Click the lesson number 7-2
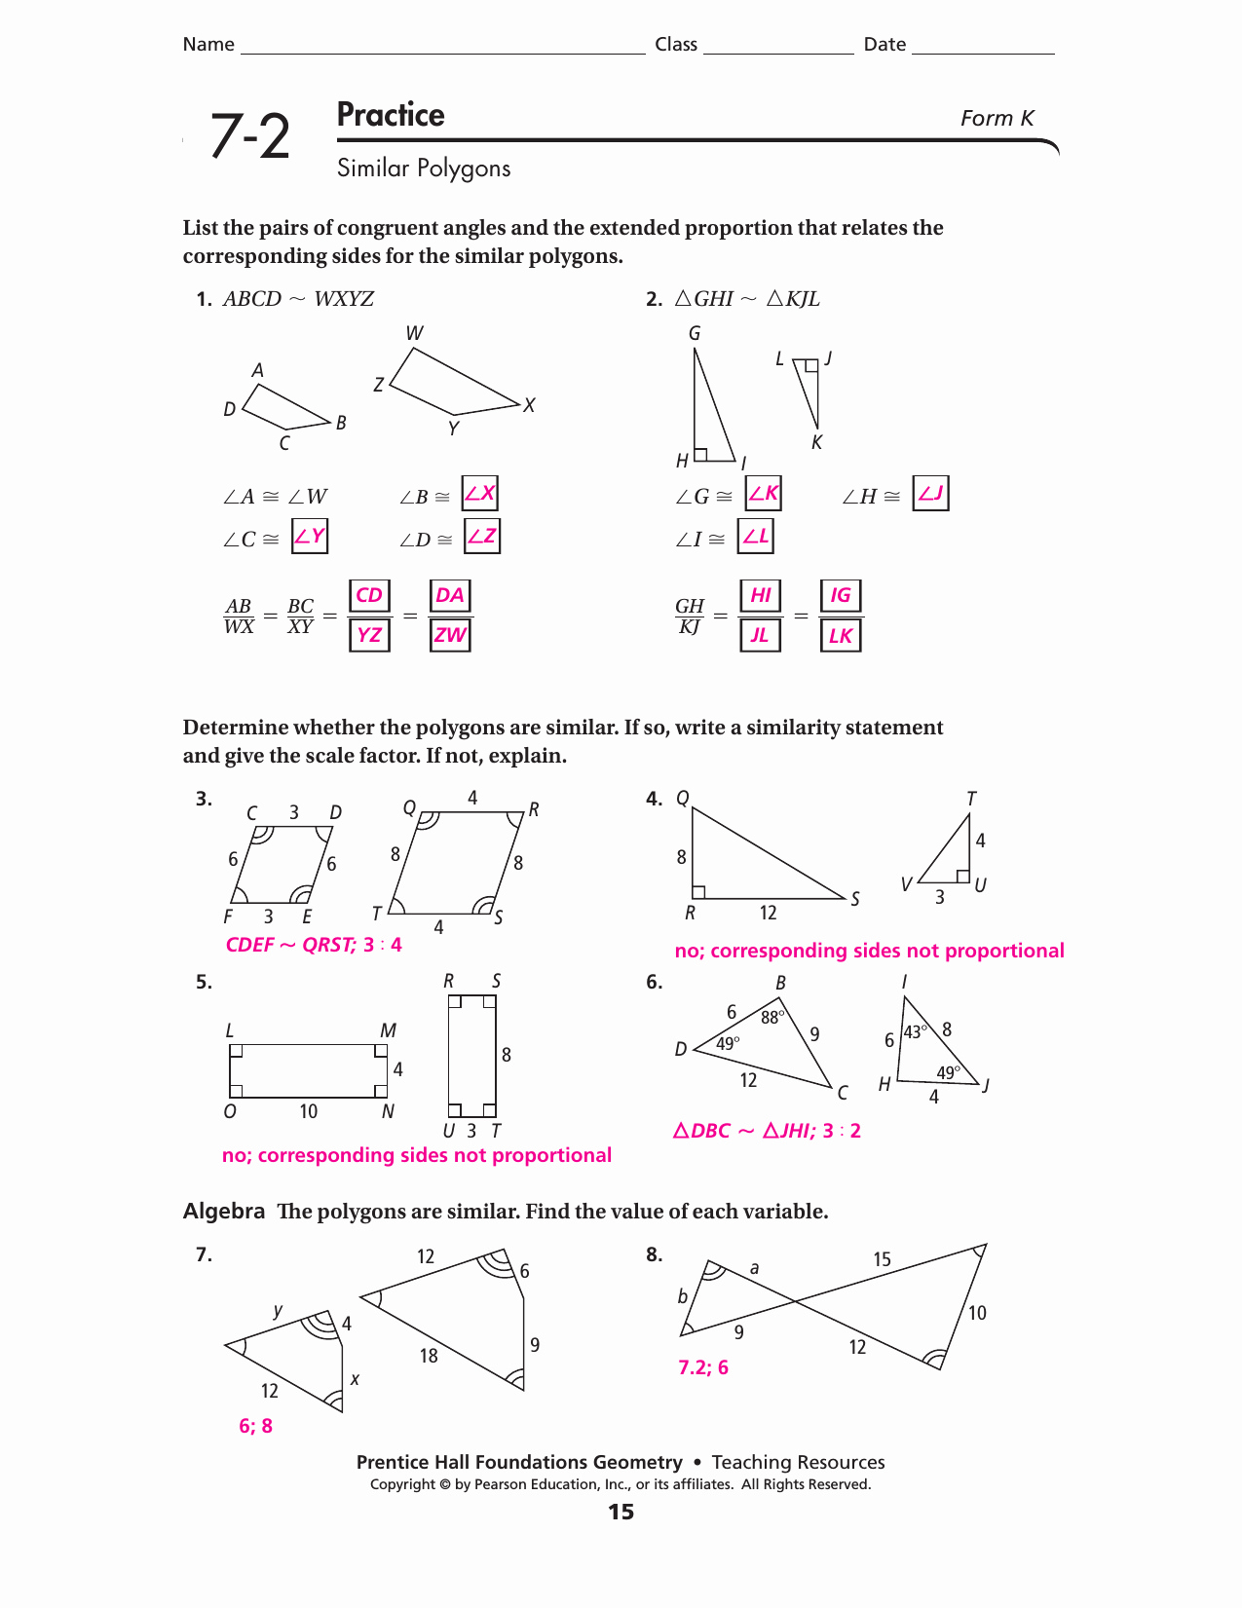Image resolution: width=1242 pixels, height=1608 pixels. [250, 136]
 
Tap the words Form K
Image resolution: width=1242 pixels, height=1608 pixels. [997, 119]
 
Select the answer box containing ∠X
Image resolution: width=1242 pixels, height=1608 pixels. [480, 494]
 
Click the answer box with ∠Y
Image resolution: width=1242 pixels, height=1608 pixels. [310, 536]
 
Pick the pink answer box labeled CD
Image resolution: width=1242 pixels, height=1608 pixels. [369, 595]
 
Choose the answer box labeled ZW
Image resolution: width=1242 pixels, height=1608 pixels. [450, 635]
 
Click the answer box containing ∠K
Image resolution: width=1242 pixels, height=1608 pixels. [764, 493]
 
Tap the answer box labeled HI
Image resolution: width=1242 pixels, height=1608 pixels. [761, 595]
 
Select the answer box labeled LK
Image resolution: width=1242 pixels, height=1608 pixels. [841, 636]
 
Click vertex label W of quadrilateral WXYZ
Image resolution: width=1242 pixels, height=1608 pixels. [415, 333]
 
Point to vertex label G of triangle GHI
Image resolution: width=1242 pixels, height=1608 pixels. [695, 334]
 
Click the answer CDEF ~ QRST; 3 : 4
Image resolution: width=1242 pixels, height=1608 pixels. [314, 945]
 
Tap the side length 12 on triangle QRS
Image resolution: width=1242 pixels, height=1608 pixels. [769, 913]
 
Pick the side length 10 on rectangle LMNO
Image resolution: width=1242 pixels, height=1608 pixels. [309, 1111]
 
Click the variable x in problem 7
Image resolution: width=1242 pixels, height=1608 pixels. [355, 1379]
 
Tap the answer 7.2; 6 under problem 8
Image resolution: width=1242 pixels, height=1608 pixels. [703, 1367]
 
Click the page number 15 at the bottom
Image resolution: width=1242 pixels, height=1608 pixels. [621, 1512]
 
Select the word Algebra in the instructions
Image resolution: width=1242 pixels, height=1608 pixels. [224, 1211]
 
